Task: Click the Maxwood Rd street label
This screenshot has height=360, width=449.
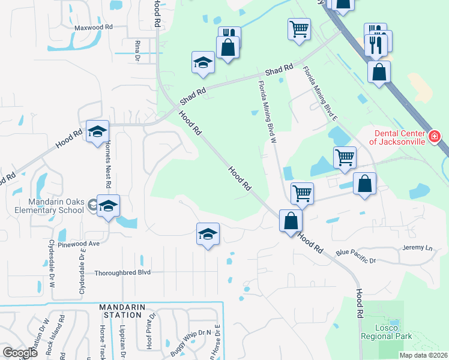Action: pyautogui.click(x=94, y=28)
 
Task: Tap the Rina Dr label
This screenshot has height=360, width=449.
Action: pyautogui.click(x=137, y=51)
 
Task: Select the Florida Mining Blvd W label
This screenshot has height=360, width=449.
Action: pyautogui.click(x=267, y=111)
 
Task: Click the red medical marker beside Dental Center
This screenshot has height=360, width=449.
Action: pyautogui.click(x=435, y=138)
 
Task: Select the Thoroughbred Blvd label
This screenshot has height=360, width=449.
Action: pyautogui.click(x=122, y=272)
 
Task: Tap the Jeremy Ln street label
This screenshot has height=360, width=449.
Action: pyautogui.click(x=417, y=248)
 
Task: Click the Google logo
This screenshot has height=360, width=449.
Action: pyautogui.click(x=20, y=352)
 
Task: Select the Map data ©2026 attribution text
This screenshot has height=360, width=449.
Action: pyautogui.click(x=423, y=355)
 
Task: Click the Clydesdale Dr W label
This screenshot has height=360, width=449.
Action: pyautogui.click(x=51, y=263)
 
